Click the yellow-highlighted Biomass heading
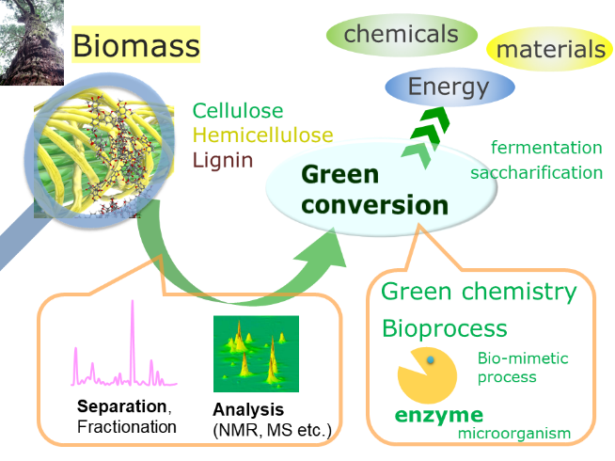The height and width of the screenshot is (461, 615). click(x=135, y=45)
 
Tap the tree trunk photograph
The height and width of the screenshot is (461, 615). click(x=32, y=42)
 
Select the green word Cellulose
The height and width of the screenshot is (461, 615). click(x=238, y=111)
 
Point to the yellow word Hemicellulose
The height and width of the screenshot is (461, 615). click(x=262, y=135)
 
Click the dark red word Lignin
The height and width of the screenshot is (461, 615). click(x=223, y=161)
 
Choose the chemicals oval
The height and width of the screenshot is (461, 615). click(x=402, y=35)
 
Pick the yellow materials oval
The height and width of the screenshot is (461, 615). click(x=550, y=49)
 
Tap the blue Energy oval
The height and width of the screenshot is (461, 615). click(x=449, y=87)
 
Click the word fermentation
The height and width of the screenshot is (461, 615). click(x=546, y=148)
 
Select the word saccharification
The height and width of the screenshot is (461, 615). click(x=537, y=172)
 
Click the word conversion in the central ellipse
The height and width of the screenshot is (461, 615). click(x=374, y=205)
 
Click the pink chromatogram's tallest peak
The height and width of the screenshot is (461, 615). click(x=133, y=301)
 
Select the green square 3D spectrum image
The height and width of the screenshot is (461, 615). click(x=256, y=354)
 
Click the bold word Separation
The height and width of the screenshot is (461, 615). click(x=122, y=406)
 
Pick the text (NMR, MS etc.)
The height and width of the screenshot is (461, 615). click(x=272, y=430)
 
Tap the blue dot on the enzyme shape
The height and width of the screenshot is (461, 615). click(x=431, y=359)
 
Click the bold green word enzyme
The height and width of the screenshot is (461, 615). click(x=439, y=416)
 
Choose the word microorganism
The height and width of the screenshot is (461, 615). click(x=514, y=434)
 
